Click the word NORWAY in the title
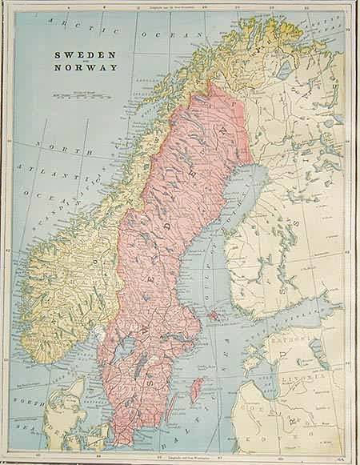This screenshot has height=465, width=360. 84,68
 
